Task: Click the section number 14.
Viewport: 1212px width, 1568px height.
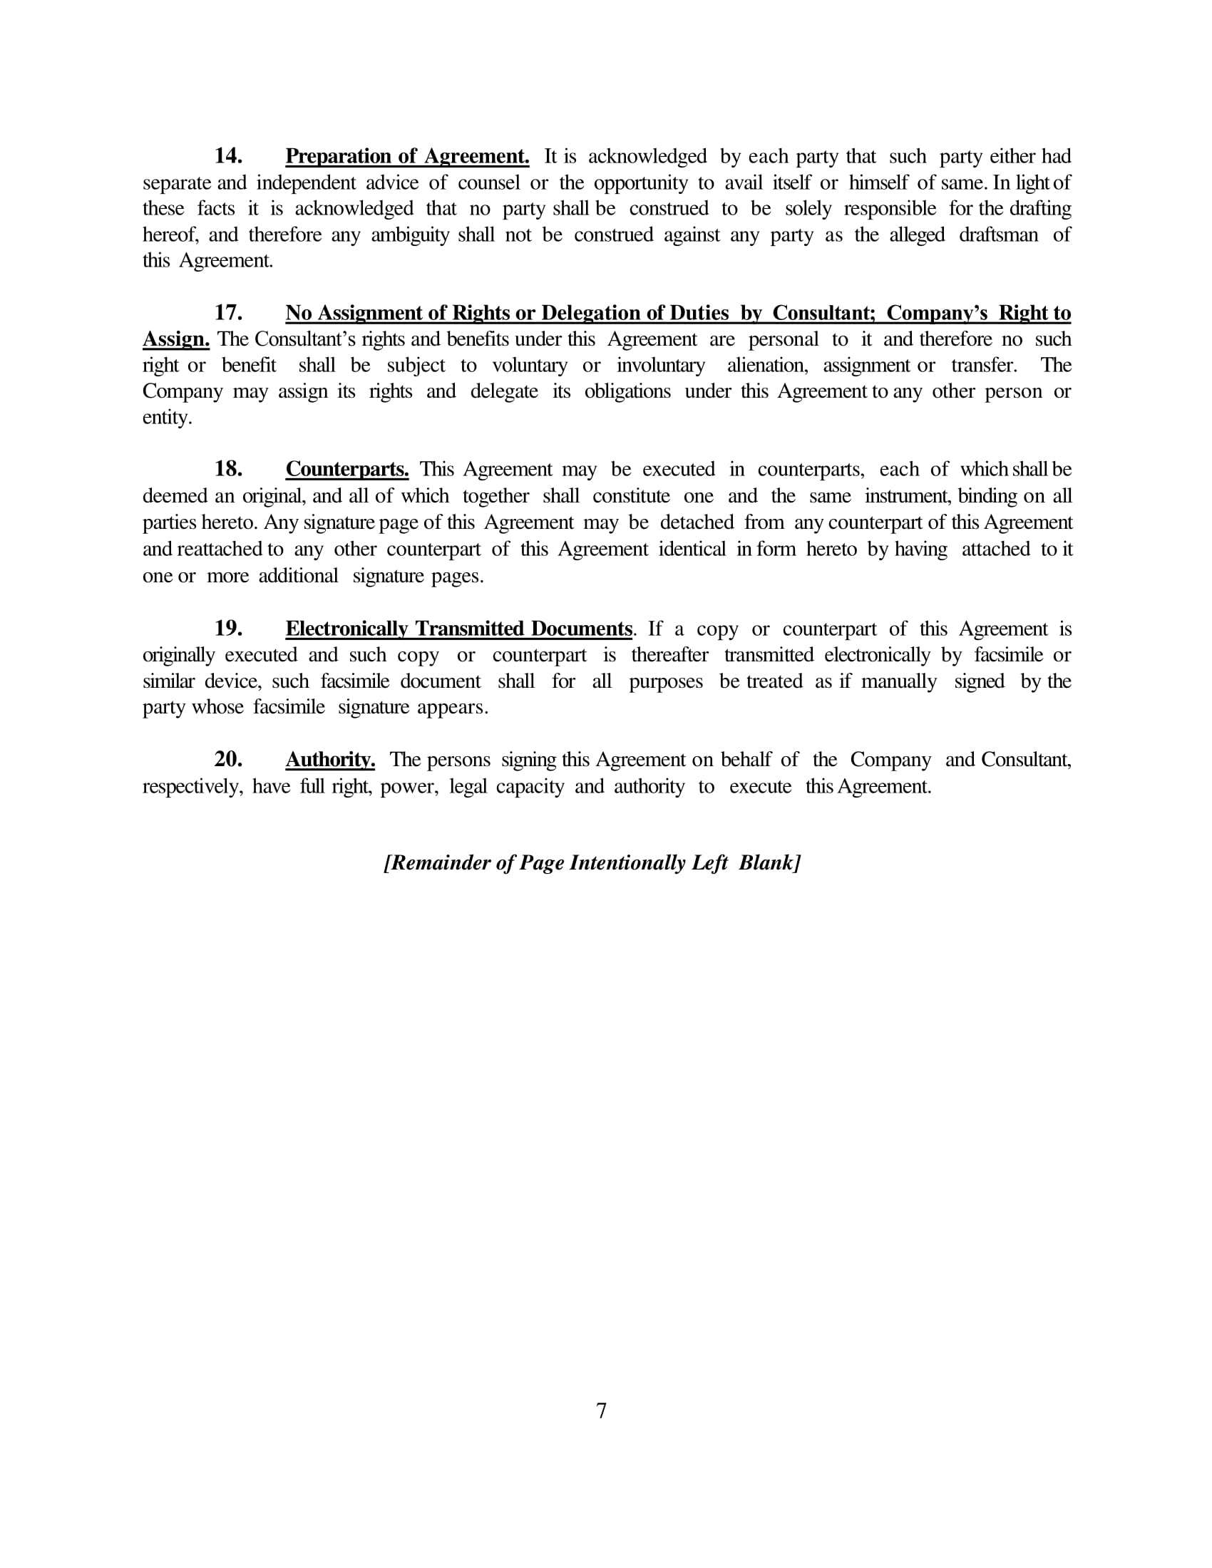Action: [227, 156]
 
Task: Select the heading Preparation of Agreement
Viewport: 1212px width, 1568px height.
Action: [407, 156]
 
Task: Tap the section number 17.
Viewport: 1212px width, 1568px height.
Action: [227, 312]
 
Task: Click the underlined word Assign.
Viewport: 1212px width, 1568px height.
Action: [176, 339]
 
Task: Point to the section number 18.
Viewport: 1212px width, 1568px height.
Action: [227, 469]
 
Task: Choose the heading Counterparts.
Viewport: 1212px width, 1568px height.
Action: [346, 469]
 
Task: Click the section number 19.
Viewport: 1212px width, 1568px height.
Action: [227, 628]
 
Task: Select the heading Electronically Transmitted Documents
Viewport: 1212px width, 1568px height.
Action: [459, 628]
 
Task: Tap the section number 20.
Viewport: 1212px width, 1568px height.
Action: [227, 759]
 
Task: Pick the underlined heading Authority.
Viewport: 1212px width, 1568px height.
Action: [330, 759]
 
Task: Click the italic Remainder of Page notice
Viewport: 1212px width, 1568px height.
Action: [592, 862]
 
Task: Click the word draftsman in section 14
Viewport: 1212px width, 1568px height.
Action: [998, 234]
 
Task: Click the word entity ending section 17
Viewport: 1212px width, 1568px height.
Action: [167, 418]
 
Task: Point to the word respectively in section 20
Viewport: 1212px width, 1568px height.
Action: [192, 787]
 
